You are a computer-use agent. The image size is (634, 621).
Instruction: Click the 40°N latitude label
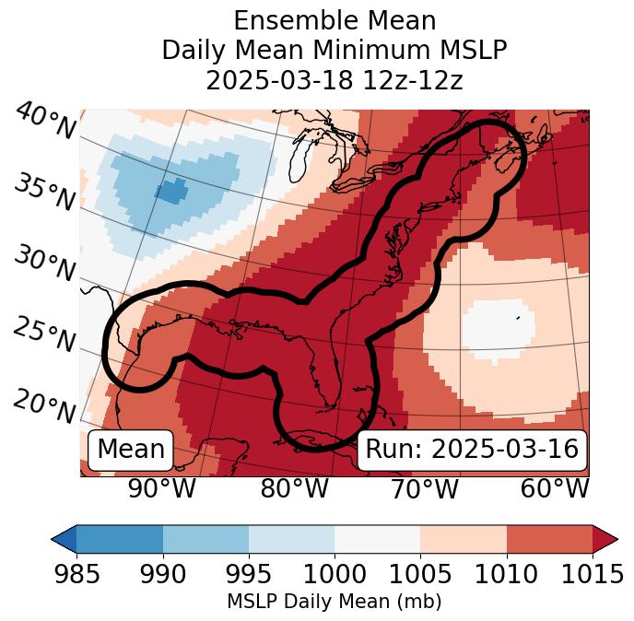pyautogui.click(x=44, y=122)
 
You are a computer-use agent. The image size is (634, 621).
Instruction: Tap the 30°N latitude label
pyautogui.click(x=44, y=264)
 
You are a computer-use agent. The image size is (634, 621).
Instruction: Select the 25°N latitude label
pyautogui.click(x=44, y=334)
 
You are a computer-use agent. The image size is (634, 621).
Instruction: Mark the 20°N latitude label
pyautogui.click(x=44, y=405)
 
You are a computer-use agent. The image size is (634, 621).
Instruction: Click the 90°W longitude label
pyautogui.click(x=162, y=488)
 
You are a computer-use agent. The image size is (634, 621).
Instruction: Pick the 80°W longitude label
pyautogui.click(x=294, y=488)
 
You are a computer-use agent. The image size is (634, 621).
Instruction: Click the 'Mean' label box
pyautogui.click(x=131, y=450)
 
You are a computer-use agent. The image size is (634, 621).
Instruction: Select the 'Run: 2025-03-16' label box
pyautogui.click(x=472, y=450)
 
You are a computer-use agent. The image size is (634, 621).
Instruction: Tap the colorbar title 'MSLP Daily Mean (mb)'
pyautogui.click(x=335, y=602)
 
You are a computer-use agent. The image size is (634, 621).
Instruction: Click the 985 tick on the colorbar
pyautogui.click(x=76, y=574)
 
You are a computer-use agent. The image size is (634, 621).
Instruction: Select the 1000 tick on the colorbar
pyautogui.click(x=335, y=574)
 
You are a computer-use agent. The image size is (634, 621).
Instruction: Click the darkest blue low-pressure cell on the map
pyautogui.click(x=172, y=192)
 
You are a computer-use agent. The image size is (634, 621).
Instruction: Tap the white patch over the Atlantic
pyautogui.click(x=498, y=327)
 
